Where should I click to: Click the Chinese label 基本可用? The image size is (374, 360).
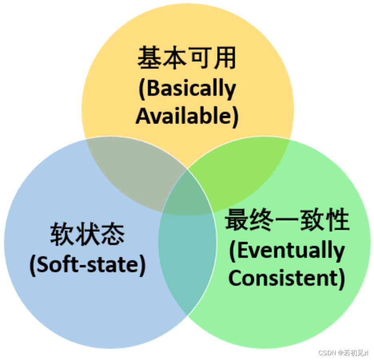coord(187,58)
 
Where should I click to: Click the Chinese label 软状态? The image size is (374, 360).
coord(88,234)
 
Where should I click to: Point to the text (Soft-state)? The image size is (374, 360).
coord(88,264)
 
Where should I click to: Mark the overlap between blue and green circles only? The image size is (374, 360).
coord(187,259)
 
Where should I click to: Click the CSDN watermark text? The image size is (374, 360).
coord(327,353)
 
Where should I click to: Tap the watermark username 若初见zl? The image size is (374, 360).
coord(354,353)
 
